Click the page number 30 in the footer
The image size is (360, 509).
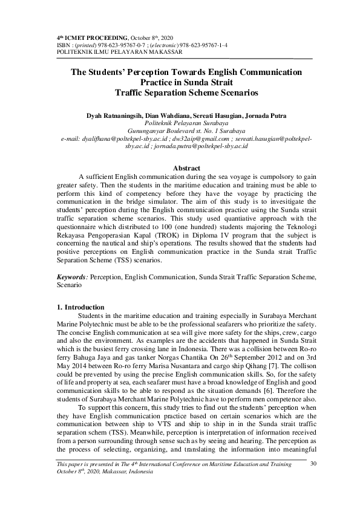coord(313,464)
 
